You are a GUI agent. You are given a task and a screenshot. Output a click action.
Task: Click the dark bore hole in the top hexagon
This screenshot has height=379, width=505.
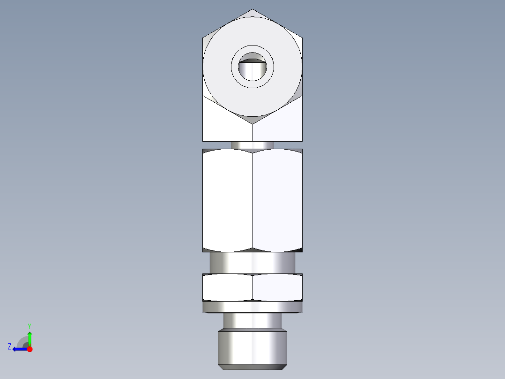(252, 69)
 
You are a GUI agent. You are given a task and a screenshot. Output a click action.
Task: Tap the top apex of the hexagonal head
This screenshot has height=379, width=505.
(252, 9)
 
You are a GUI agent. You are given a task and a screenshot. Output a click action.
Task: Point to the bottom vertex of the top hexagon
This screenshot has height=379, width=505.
(252, 124)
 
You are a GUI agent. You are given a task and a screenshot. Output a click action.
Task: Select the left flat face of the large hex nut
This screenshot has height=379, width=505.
(228, 201)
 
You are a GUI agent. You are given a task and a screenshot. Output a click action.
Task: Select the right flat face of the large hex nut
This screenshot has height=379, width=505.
(277, 201)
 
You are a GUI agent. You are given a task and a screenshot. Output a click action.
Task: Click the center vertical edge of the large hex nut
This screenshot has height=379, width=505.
(252, 201)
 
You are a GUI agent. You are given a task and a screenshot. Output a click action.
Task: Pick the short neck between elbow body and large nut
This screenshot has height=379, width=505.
(252, 145)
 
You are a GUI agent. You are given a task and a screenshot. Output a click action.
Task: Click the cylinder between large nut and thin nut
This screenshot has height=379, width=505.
(252, 263)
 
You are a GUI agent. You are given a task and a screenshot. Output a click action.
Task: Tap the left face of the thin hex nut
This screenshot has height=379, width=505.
(228, 287)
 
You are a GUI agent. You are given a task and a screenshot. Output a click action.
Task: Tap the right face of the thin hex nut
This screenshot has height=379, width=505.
(277, 287)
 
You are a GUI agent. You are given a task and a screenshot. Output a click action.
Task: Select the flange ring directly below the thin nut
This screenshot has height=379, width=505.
(252, 307)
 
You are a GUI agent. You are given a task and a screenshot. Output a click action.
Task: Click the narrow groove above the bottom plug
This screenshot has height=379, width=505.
(252, 321)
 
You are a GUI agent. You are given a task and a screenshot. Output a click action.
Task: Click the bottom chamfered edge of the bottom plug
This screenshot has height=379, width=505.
(252, 366)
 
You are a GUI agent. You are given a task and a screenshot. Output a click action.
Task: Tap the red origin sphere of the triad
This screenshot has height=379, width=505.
(30, 349)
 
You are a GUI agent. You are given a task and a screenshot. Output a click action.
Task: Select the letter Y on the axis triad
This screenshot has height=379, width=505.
(29, 326)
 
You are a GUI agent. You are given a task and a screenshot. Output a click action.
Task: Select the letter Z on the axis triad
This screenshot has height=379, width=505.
(9, 347)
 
